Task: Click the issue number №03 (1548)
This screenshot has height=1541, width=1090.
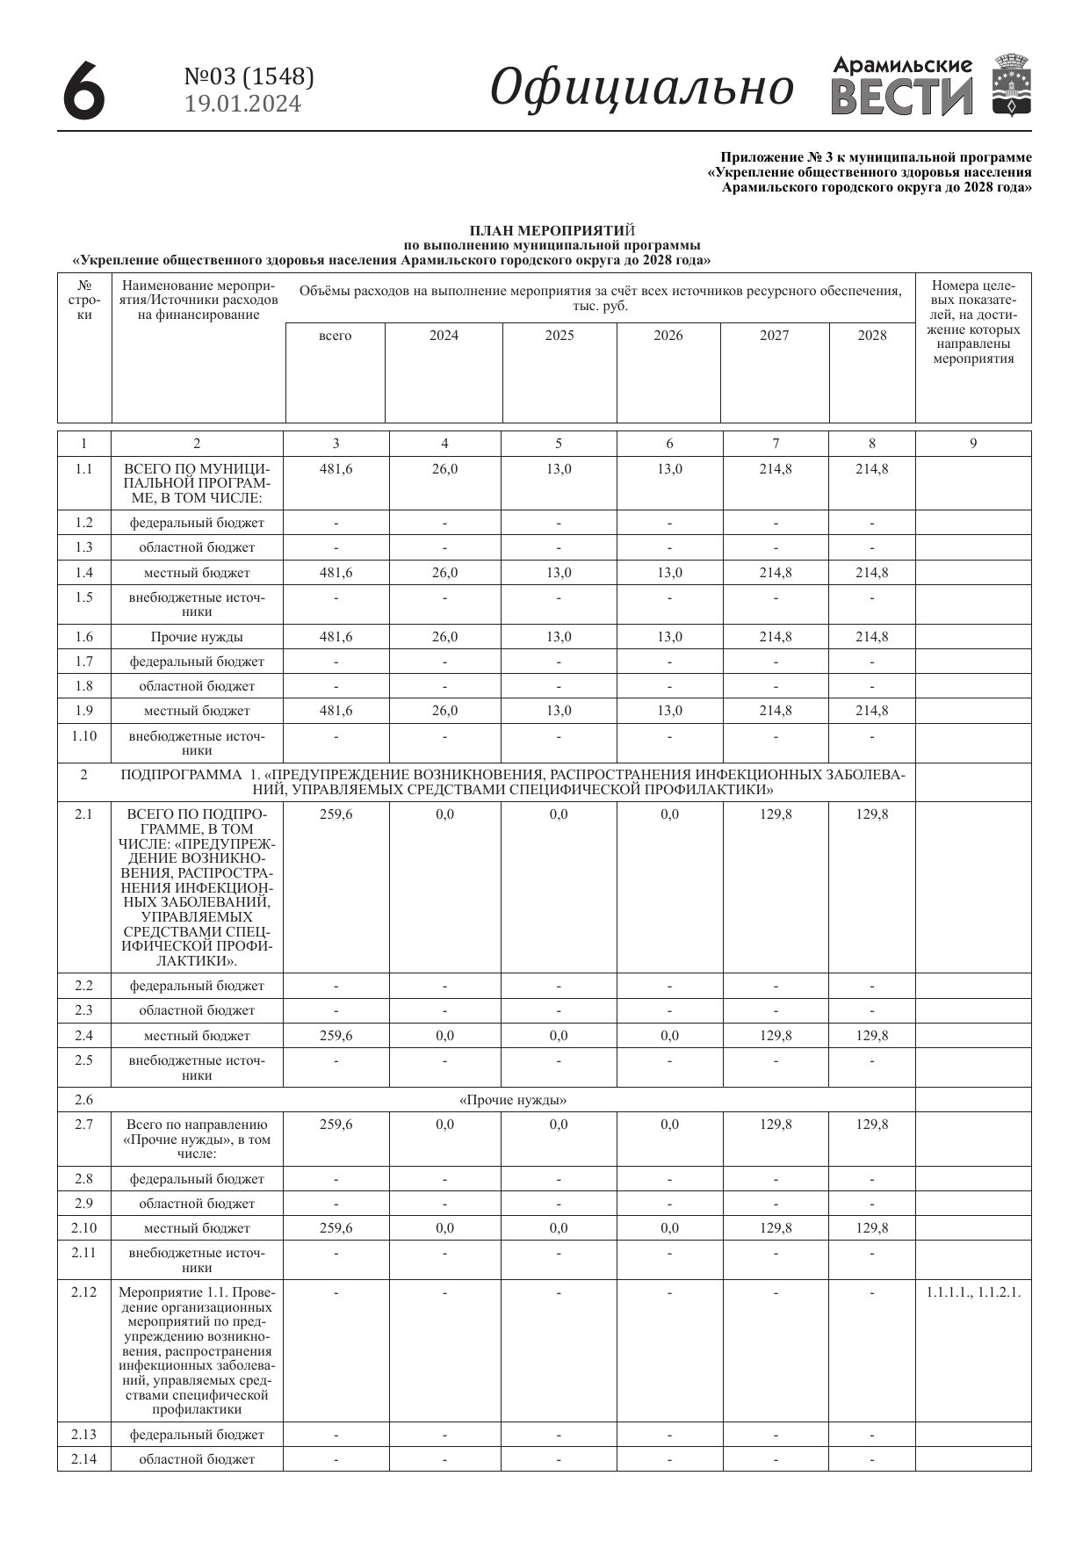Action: click(x=249, y=77)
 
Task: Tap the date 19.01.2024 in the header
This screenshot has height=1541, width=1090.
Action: click(x=243, y=105)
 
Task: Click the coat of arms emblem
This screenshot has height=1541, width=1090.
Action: click(x=1012, y=84)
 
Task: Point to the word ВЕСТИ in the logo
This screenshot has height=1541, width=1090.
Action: click(x=902, y=98)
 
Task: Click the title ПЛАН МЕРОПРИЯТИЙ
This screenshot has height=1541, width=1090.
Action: click(x=552, y=231)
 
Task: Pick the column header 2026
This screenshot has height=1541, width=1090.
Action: click(x=668, y=336)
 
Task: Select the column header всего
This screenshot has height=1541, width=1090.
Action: click(x=336, y=336)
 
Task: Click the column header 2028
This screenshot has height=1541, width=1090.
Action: click(x=872, y=336)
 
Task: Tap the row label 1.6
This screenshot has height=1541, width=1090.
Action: click(x=83, y=637)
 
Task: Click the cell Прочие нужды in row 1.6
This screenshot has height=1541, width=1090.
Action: click(x=197, y=637)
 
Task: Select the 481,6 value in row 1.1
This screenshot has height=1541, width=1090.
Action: click(x=336, y=469)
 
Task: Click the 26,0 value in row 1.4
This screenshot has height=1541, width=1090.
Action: click(x=444, y=573)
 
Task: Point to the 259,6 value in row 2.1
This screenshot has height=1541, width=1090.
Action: click(x=336, y=814)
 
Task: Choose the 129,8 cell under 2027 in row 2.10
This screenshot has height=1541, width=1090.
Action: click(x=776, y=1228)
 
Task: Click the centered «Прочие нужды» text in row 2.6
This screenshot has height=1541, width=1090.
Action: click(x=513, y=1100)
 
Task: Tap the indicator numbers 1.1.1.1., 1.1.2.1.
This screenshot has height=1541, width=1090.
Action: click(x=973, y=1292)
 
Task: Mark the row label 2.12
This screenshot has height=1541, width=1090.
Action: click(x=83, y=1292)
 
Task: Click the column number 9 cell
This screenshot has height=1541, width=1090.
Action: click(x=973, y=444)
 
